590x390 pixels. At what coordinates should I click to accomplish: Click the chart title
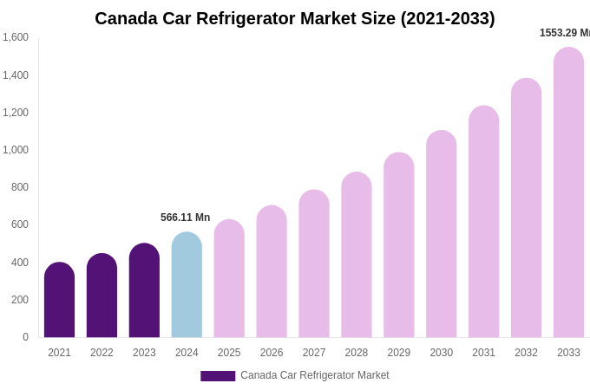coord(295,18)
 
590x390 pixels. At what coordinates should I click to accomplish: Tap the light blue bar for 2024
coord(187,285)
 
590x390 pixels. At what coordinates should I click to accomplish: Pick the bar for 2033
coord(568,192)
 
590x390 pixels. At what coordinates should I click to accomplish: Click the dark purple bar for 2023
coord(144,290)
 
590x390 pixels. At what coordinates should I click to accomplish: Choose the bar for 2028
coord(357,255)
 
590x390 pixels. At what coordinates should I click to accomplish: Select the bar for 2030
coord(441,234)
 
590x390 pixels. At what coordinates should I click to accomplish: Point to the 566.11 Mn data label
coord(185,218)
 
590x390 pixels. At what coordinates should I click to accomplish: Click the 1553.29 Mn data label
coord(564,33)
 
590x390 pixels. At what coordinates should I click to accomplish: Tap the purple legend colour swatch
coord(218,376)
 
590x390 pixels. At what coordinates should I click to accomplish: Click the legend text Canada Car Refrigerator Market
coord(314,375)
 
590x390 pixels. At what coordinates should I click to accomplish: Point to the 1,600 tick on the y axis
coord(16,37)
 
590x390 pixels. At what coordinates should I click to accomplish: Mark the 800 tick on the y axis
coord(19,187)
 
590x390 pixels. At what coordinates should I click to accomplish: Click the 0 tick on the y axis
coord(25,337)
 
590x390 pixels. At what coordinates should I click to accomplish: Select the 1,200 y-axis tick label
coord(16,113)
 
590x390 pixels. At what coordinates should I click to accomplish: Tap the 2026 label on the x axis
coord(272,353)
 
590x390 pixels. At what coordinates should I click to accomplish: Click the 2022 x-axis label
coord(102,353)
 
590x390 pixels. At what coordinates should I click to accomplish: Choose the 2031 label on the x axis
coord(483,353)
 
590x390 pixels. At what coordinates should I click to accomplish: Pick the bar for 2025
coord(229,278)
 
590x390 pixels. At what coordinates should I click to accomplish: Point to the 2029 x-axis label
coord(399,353)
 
